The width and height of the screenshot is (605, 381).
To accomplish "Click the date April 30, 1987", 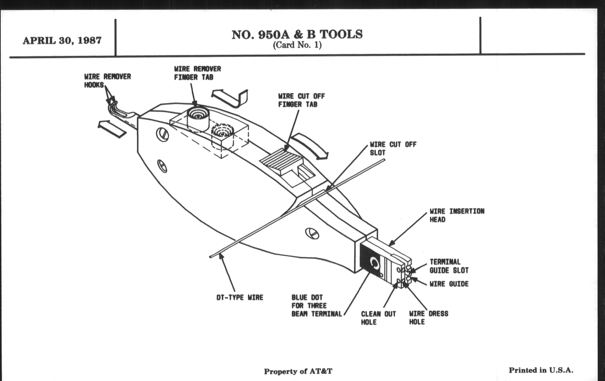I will pos(62,41).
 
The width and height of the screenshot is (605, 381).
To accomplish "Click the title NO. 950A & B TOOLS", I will pos(297,35).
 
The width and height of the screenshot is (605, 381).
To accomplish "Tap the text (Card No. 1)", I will pos(297,46).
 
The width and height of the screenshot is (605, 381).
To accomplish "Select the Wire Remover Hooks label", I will pos(107,81).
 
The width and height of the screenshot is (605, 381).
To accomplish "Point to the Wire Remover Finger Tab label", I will pos(198,73).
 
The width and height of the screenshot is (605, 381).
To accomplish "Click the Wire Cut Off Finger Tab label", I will pos(301,100).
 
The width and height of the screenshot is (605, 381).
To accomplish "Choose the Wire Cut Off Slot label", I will pos(393,148).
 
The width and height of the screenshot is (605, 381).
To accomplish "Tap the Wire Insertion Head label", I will pos(457,215).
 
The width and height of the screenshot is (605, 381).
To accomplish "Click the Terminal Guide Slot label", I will pos(449,266).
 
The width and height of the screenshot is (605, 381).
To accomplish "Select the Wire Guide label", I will pos(449,284).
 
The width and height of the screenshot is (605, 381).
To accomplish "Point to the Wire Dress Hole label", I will pos(428,318).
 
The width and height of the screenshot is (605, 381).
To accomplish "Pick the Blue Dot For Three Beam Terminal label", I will pos(317,306).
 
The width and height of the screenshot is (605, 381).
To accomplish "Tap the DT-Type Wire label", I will pos(240,298).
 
